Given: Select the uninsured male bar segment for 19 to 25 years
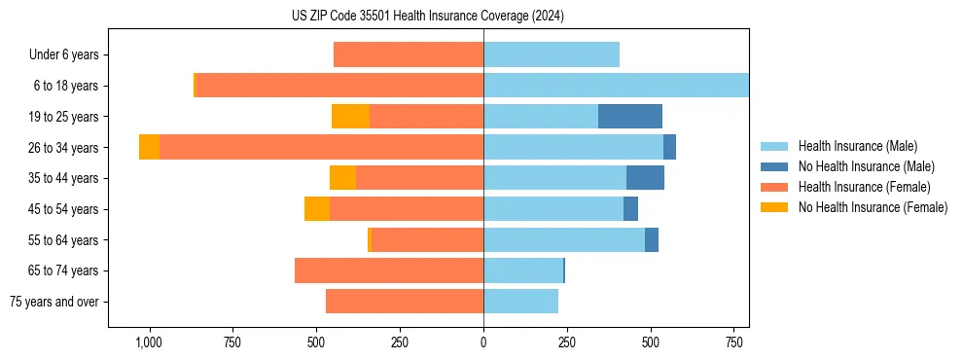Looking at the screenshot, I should click(x=629, y=117).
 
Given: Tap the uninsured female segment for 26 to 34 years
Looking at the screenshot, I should click(x=149, y=147).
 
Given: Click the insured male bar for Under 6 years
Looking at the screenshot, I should click(x=551, y=54).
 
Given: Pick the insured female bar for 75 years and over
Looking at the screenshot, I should click(x=404, y=302).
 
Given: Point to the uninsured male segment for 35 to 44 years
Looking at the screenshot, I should click(x=645, y=178).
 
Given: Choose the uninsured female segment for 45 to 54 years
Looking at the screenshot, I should click(x=317, y=209).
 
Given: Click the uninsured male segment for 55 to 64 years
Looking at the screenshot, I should click(x=651, y=239).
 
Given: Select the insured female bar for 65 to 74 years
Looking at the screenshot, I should click(x=388, y=270).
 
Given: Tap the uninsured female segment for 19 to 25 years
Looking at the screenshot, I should click(x=350, y=117).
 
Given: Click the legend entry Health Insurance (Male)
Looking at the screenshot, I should click(x=857, y=146).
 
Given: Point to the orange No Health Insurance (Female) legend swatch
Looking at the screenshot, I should click(x=775, y=207).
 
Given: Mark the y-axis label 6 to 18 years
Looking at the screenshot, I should click(x=66, y=86).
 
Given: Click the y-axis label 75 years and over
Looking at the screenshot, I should click(x=54, y=302).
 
